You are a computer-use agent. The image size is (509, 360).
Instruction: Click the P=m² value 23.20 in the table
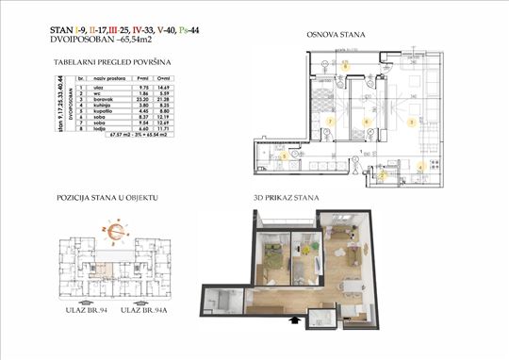(x=142, y=98)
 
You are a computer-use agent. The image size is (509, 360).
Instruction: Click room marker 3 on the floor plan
(x=411, y=122)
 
